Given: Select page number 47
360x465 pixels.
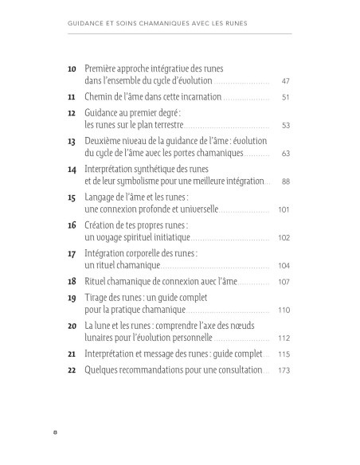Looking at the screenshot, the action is point(285,81).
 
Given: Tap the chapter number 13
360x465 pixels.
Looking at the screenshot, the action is point(72,141).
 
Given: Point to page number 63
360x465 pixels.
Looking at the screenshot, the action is point(285,153).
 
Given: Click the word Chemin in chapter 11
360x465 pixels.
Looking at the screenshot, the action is point(100,97).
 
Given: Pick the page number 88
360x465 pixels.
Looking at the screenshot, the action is point(285,182).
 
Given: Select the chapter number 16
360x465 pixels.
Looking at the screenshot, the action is point(72,225).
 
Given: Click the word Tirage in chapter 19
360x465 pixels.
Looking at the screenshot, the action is point(98,297).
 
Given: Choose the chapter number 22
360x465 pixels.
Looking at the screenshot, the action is point(72,370).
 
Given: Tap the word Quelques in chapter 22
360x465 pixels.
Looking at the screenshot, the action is point(104,370).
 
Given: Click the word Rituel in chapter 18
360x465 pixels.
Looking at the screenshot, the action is point(97,281).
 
